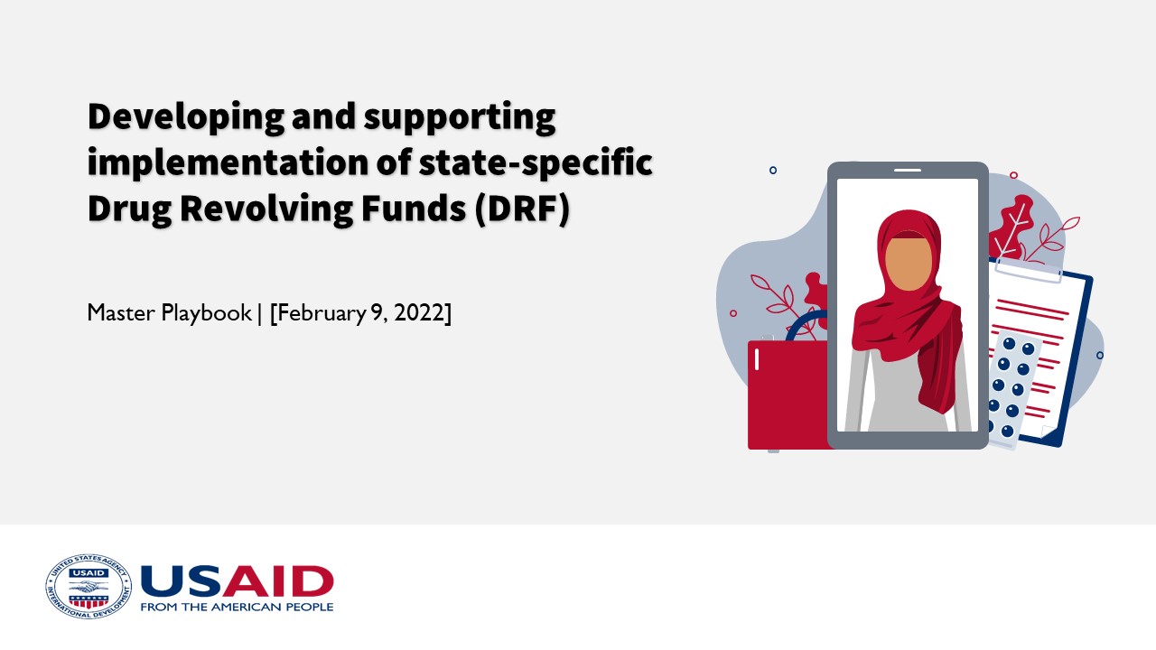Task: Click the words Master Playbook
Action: [x=169, y=313]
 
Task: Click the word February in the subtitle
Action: [x=317, y=313]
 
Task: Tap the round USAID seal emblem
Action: [x=89, y=586]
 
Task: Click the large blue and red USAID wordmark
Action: [x=238, y=580]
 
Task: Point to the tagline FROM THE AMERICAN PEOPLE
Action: [x=237, y=607]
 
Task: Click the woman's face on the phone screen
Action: [x=907, y=262]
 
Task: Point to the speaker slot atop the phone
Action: [x=907, y=170]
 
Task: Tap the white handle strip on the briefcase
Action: [x=757, y=359]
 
